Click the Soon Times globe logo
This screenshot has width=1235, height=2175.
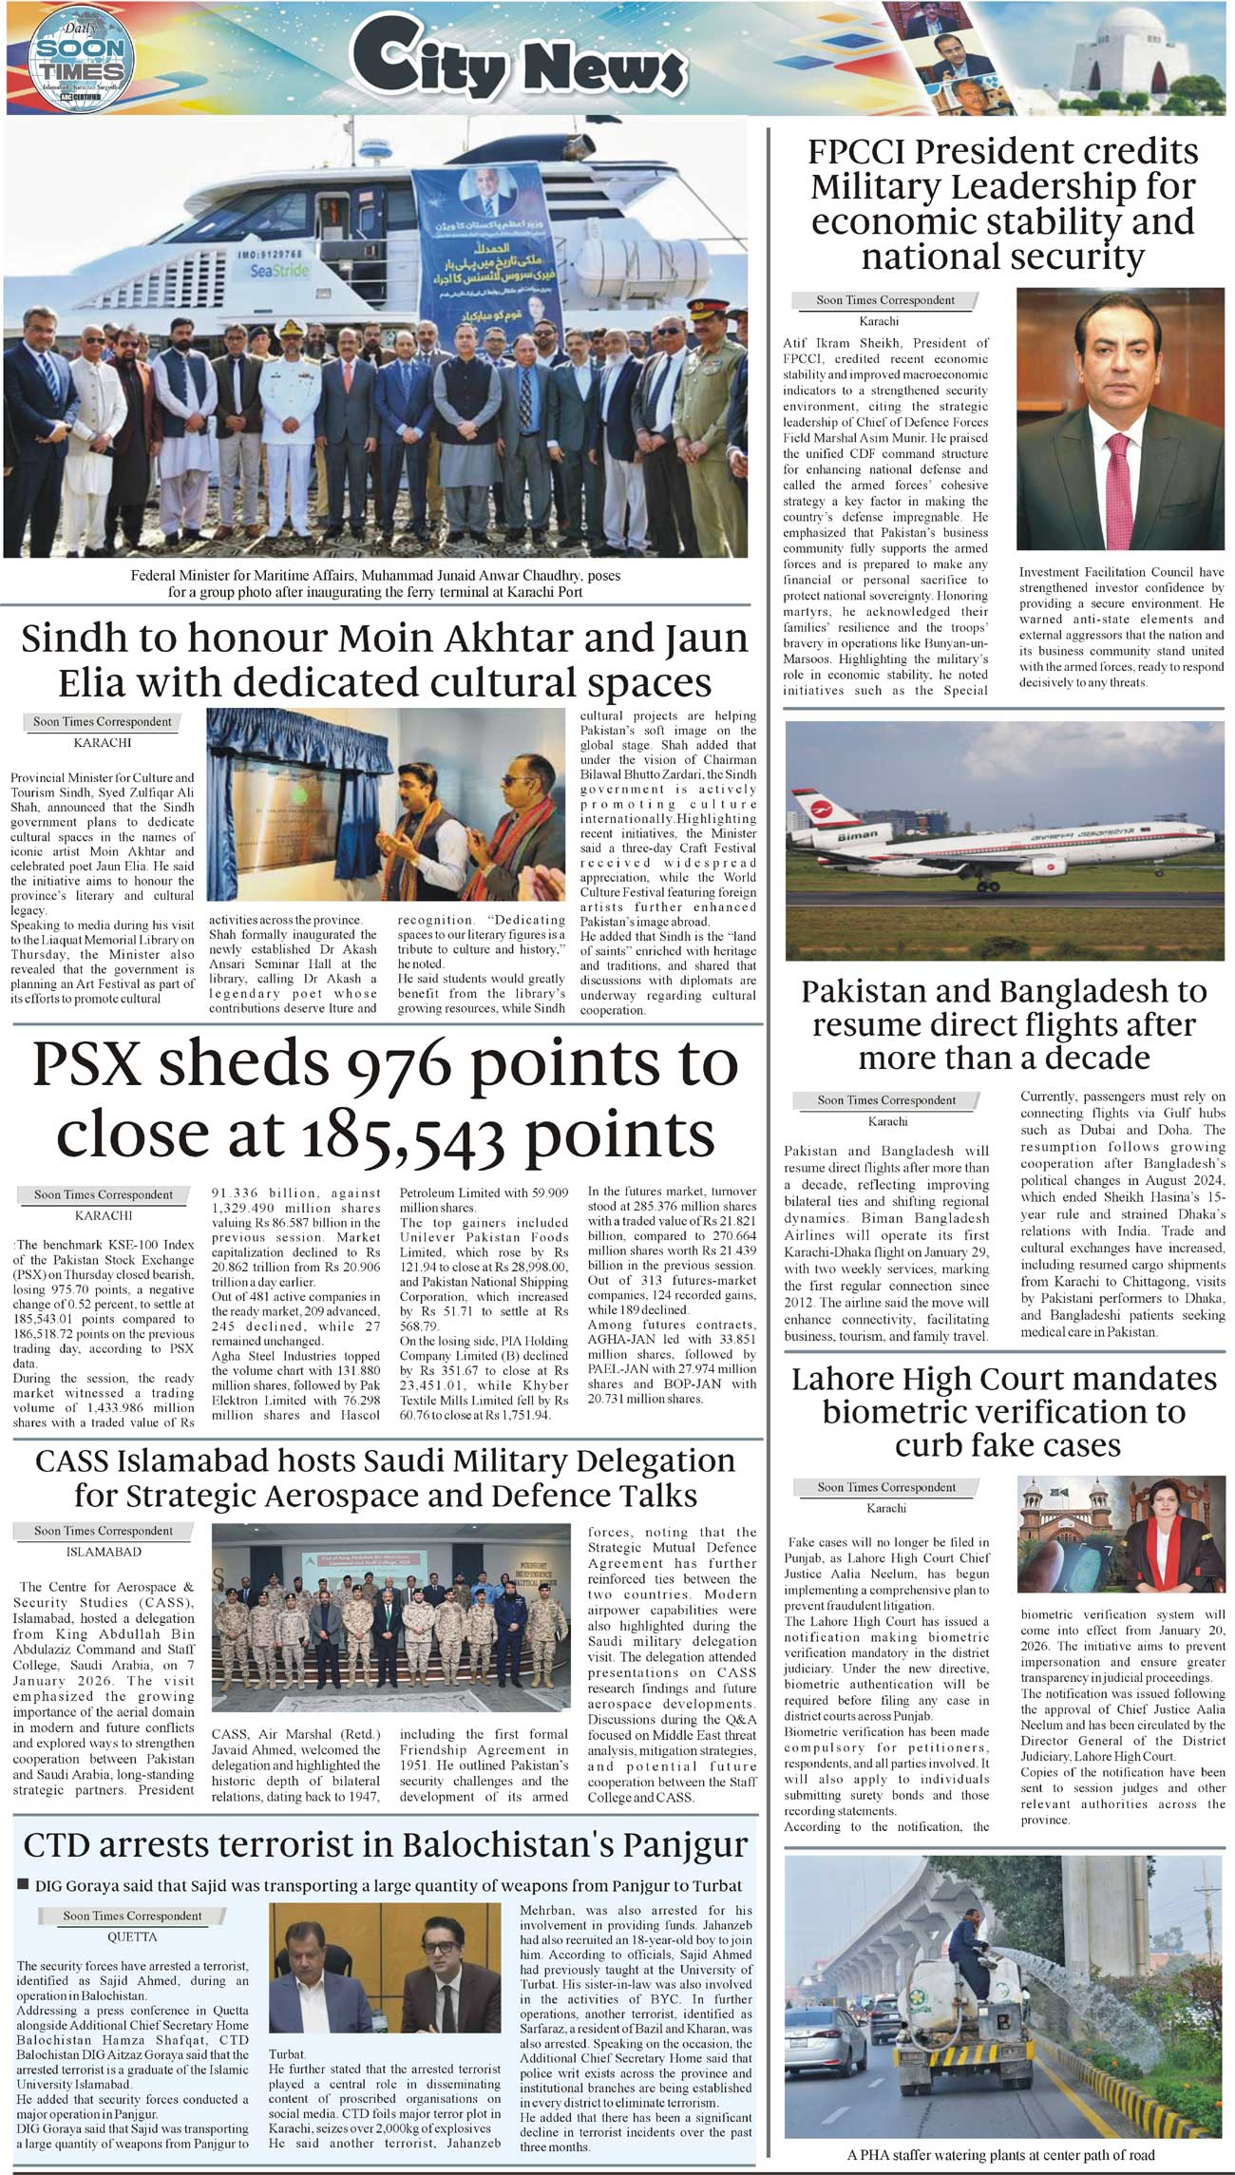click(x=82, y=58)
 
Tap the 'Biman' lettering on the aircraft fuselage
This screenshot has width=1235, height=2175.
click(x=857, y=834)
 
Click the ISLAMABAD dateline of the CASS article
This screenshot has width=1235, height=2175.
click(x=104, y=1552)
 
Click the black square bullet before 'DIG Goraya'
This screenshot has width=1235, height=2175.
click(x=24, y=1884)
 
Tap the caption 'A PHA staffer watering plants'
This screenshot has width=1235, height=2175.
click(x=1000, y=2155)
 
